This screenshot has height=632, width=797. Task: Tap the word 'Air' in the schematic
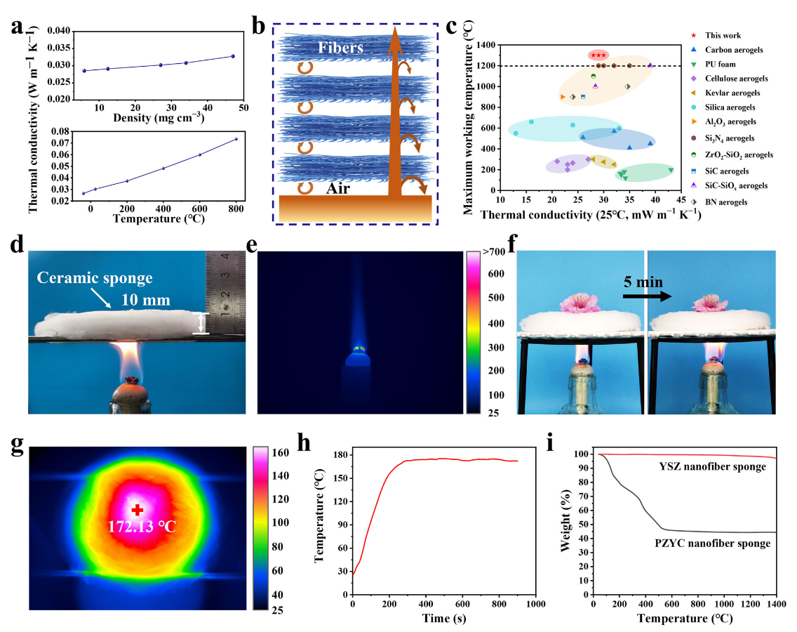point(343,187)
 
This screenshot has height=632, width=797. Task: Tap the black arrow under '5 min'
point(645,296)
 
